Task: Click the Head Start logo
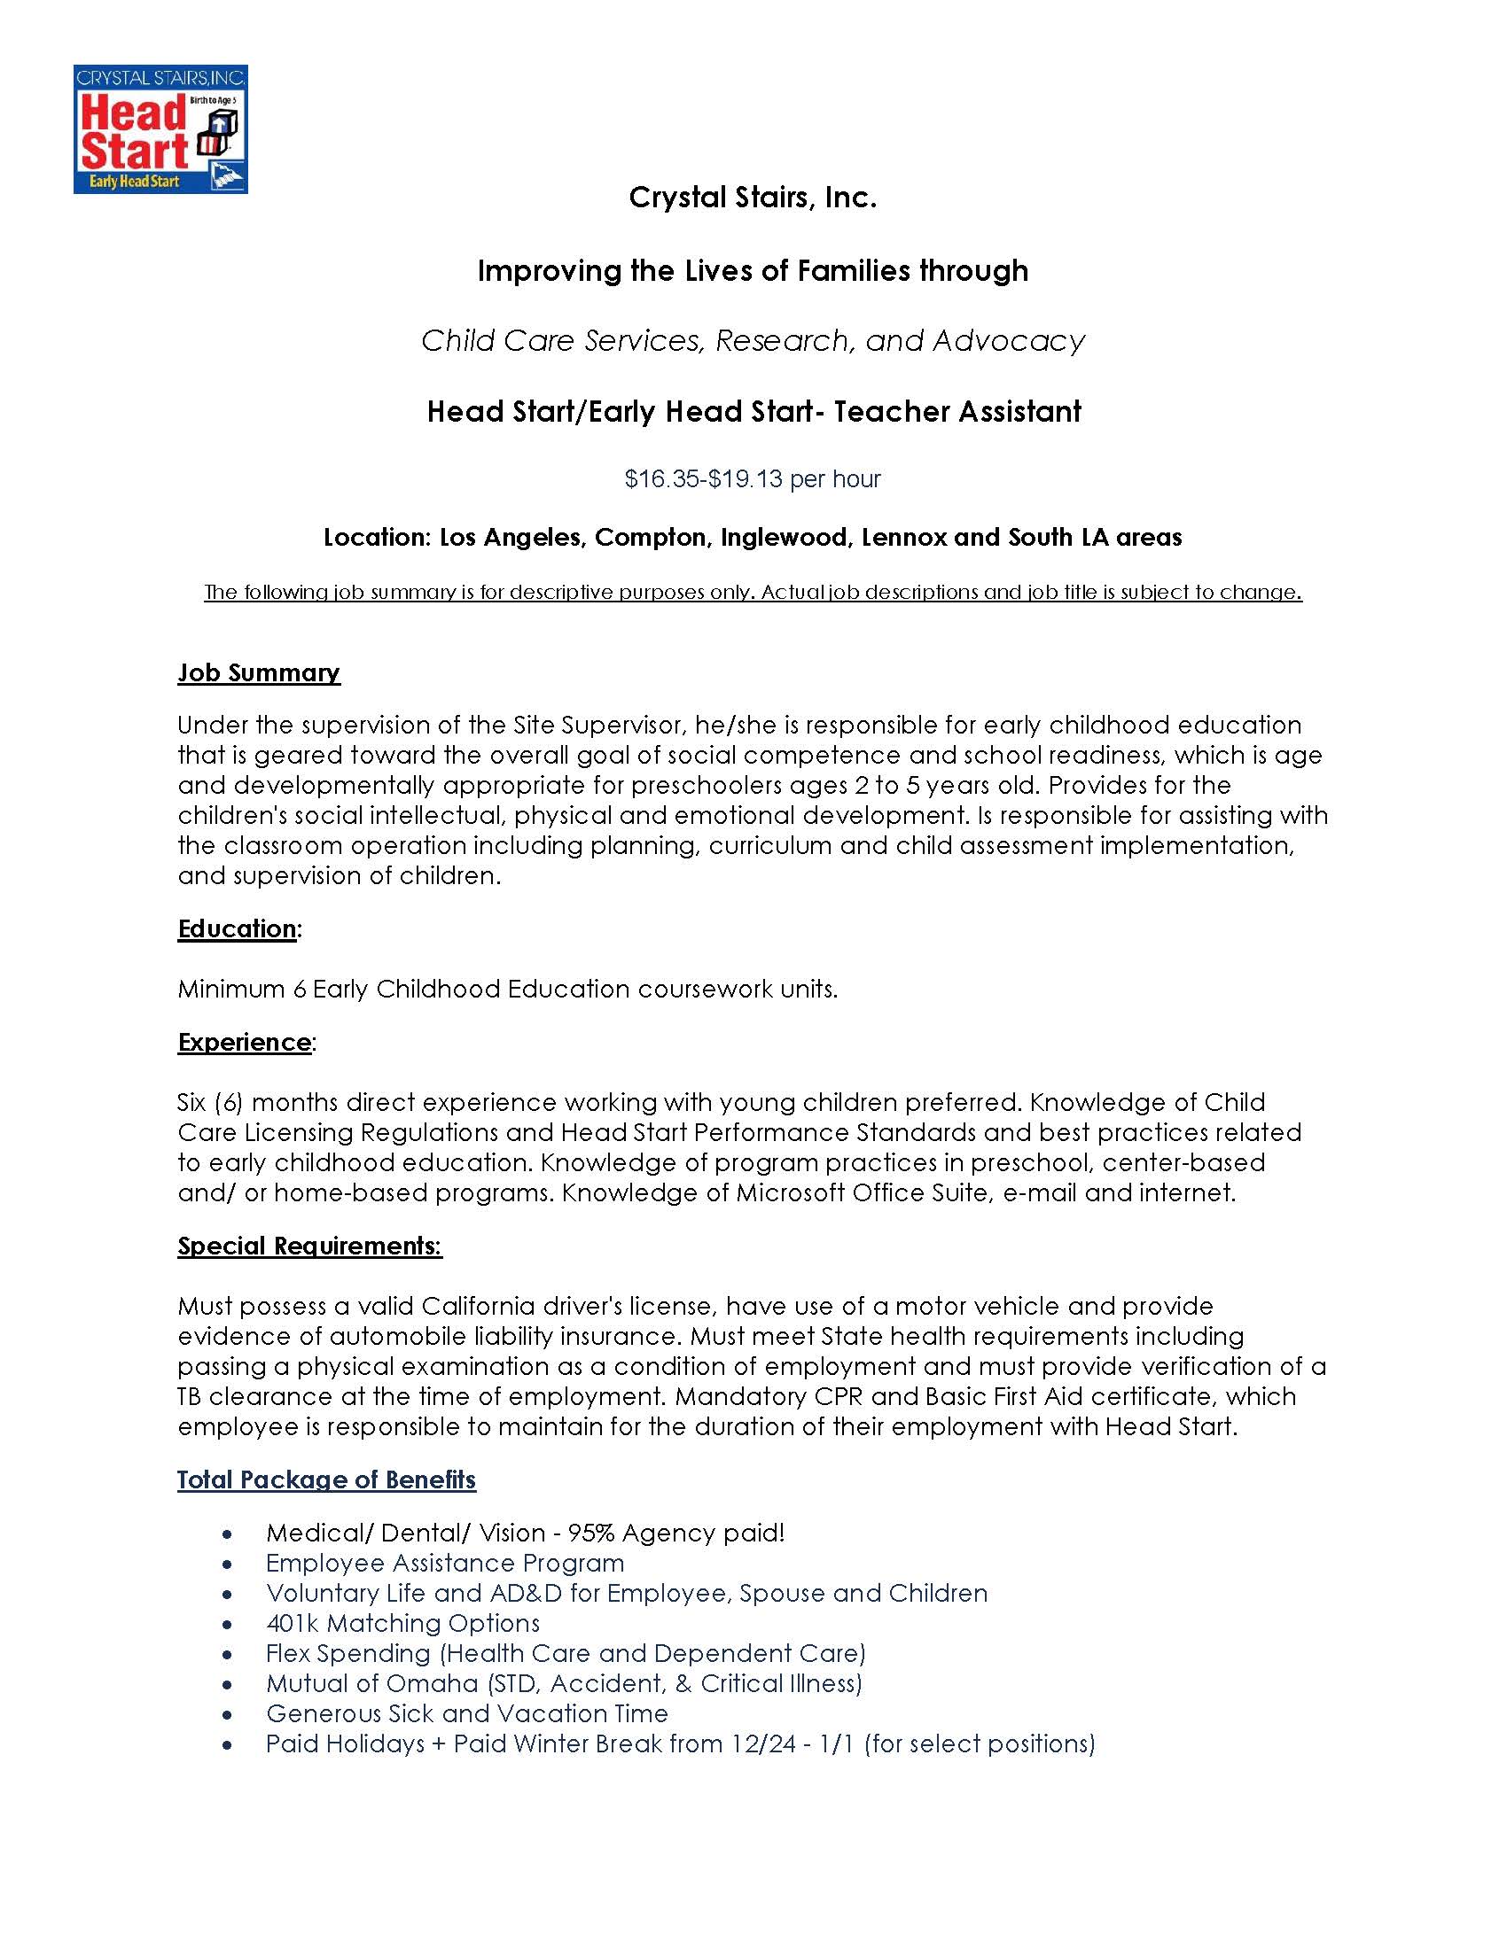[160, 129]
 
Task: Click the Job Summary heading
[259, 673]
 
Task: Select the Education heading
[237, 929]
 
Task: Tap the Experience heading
[244, 1043]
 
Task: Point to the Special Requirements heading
[308, 1246]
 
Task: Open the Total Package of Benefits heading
[326, 1479]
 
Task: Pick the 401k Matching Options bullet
[402, 1623]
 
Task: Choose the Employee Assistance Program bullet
[445, 1564]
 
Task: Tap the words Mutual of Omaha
[371, 1683]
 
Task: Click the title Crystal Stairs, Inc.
[753, 198]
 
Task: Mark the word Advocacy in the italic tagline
[1008, 341]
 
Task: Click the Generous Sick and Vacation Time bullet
[466, 1713]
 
